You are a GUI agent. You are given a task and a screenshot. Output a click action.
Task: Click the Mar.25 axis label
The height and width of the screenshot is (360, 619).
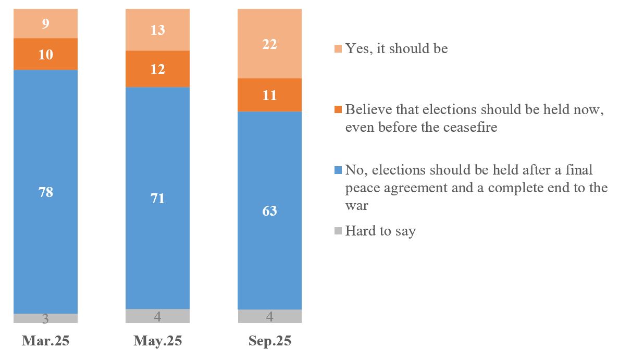point(45,341)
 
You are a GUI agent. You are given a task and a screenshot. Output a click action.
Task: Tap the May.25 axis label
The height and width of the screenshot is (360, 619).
point(157,341)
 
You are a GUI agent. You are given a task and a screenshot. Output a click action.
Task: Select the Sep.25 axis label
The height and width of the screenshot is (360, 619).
point(269,341)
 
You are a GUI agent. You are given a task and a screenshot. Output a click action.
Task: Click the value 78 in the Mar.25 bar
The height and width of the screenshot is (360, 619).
point(46,192)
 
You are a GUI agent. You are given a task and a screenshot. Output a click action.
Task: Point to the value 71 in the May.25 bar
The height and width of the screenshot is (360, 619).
point(157,198)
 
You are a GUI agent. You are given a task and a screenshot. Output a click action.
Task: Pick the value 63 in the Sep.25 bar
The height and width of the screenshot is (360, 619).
point(269,210)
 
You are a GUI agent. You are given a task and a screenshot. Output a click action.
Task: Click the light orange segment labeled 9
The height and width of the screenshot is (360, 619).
point(46,23)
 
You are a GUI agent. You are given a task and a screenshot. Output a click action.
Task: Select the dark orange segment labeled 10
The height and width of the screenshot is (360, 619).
point(46,54)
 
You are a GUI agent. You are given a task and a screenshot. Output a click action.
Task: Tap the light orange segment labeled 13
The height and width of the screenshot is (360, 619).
point(157,30)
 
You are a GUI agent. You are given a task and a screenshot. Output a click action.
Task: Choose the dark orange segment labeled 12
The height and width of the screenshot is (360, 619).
point(157,69)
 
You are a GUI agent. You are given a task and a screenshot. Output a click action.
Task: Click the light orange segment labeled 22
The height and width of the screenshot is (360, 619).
point(269,44)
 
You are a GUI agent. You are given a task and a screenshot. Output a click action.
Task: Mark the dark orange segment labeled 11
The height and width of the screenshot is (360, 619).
point(269,95)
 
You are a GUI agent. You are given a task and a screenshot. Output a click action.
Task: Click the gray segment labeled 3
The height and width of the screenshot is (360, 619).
point(46,318)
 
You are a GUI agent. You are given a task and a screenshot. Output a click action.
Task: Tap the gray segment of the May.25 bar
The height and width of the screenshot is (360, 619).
point(157,316)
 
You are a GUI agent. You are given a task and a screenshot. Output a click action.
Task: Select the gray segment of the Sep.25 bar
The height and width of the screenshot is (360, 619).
point(269,316)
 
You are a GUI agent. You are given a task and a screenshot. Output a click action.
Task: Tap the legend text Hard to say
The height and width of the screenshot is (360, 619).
point(380,231)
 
